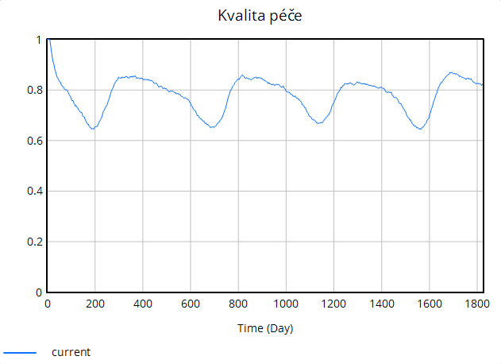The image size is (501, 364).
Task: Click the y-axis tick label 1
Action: [39, 40]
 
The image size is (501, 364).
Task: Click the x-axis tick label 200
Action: [95, 304]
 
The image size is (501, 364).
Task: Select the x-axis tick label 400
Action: [143, 304]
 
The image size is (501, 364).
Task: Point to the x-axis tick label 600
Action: [191, 304]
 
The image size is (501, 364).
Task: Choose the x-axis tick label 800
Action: [238, 304]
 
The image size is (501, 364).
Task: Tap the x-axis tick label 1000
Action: [286, 304]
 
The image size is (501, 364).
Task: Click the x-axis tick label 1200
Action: [333, 304]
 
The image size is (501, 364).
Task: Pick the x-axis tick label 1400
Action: [381, 304]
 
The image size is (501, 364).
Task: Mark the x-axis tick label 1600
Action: [429, 304]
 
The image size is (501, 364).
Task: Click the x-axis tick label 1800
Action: [476, 304]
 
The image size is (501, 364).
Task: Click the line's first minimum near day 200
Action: [94, 128]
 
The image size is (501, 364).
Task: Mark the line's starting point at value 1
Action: [48, 40]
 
